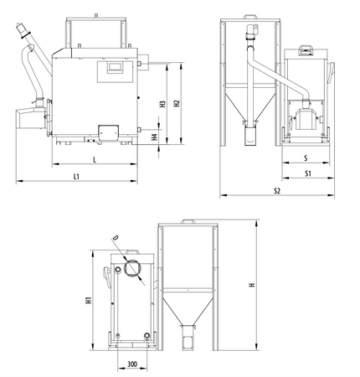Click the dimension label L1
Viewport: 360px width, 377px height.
tap(76, 177)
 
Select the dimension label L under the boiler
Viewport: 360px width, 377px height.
tap(94, 158)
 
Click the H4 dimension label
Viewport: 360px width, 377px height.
tap(155, 136)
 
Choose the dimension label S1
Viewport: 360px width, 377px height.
tap(308, 173)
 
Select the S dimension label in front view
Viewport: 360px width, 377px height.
tap(306, 157)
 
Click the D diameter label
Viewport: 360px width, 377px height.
tap(115, 239)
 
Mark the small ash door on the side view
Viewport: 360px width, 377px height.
tap(108, 132)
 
